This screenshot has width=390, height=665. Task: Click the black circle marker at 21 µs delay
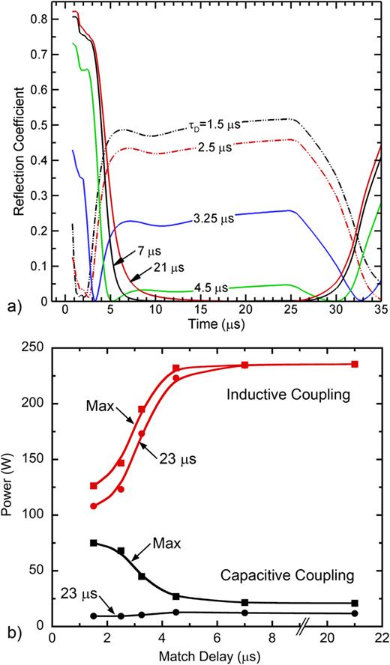tap(355, 613)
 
